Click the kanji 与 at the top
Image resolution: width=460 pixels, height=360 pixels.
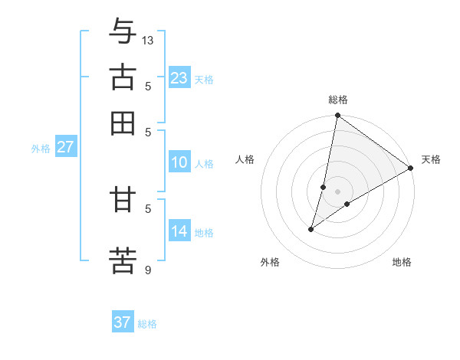(123, 31)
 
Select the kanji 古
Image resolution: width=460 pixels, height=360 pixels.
(123, 77)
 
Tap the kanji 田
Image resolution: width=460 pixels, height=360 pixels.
(123, 123)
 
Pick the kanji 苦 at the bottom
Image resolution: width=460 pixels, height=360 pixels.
(123, 260)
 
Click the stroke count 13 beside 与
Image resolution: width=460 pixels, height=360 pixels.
(148, 40)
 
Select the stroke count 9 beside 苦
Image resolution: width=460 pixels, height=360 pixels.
(148, 269)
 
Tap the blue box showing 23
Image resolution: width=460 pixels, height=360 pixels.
(179, 78)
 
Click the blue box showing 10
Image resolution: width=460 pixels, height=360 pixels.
(179, 162)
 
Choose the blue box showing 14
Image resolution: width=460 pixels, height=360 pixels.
(179, 231)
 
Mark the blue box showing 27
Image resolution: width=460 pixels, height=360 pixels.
(65, 147)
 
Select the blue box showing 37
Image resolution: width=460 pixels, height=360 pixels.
(123, 322)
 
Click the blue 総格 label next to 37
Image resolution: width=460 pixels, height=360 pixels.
(147, 324)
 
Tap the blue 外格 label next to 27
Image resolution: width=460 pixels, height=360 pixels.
(40, 149)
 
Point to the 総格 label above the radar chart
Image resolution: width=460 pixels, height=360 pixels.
(338, 100)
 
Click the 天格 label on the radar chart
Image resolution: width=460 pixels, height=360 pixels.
(431, 159)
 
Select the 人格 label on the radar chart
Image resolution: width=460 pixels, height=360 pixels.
(245, 159)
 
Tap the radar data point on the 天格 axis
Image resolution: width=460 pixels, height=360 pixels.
(411, 169)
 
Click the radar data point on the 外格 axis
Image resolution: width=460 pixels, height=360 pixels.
(311, 228)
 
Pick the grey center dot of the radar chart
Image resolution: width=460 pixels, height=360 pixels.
(338, 191)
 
